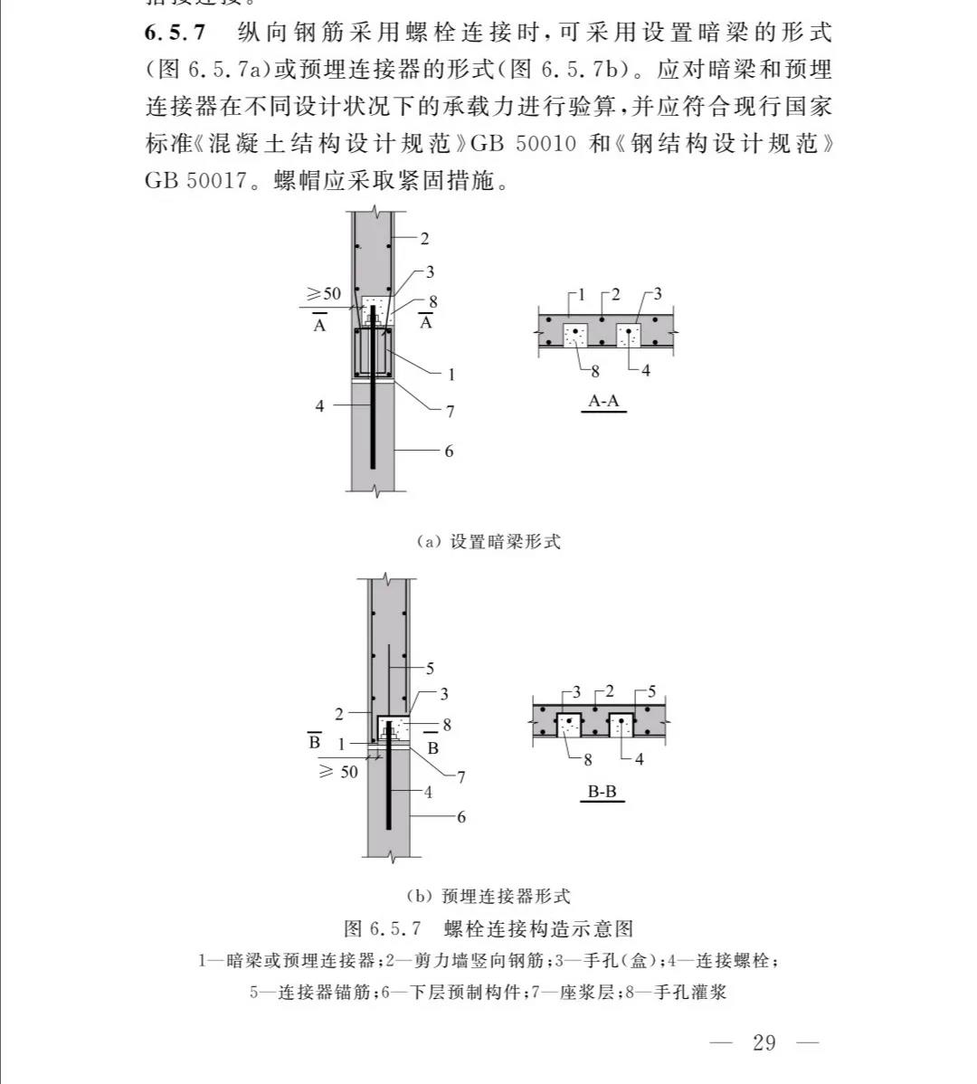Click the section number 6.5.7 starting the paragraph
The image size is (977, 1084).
point(175,33)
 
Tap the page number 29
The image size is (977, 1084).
point(764,1042)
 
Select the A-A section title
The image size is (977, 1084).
point(604,400)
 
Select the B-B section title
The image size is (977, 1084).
point(602,792)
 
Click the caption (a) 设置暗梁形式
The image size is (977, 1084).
point(488,541)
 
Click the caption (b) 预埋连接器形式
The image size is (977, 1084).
point(488,896)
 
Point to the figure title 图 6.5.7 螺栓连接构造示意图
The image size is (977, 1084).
point(488,928)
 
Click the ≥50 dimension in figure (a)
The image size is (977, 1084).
point(324,293)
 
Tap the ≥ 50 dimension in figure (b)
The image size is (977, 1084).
point(338,772)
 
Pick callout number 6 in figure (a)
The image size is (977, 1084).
point(449,451)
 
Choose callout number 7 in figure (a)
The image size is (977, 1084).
point(450,412)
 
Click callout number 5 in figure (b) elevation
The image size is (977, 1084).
point(430,669)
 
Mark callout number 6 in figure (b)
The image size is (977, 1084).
point(461,817)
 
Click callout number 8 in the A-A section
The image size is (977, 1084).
point(595,370)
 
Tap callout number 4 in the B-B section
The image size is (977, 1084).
point(640,759)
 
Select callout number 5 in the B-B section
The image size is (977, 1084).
point(652,692)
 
